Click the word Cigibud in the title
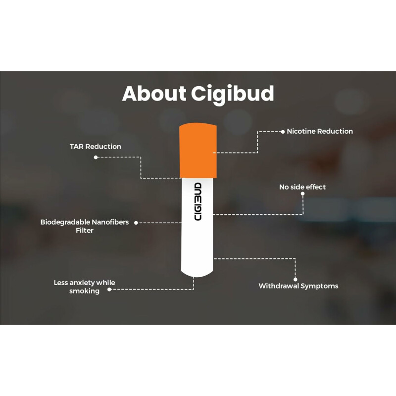pyautogui.click(x=233, y=94)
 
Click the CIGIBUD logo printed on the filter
pyautogui.click(x=198, y=202)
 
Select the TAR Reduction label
pyautogui.click(x=96, y=147)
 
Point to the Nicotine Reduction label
pyautogui.click(x=320, y=131)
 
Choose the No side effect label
pyautogui.click(x=302, y=187)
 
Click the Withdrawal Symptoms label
pyautogui.click(x=298, y=286)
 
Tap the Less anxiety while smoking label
pyautogui.click(x=84, y=287)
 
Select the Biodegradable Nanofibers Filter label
pyautogui.click(x=84, y=226)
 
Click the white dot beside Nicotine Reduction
pyautogui.click(x=283, y=132)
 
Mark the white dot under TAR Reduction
pyautogui.click(x=96, y=157)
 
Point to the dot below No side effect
pyautogui.click(x=303, y=195)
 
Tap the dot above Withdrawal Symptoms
pyautogui.click(x=296, y=279)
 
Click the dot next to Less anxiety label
pyautogui.click(x=109, y=289)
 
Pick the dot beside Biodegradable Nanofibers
pyautogui.click(x=136, y=223)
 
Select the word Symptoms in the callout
pyautogui.click(x=320, y=286)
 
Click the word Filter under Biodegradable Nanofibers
pyautogui.click(x=84, y=230)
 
